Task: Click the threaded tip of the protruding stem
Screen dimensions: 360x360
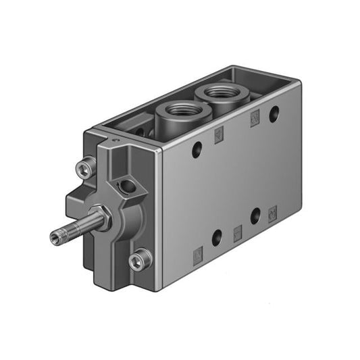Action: [x=57, y=236]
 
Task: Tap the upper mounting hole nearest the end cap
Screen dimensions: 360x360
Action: [x=197, y=150]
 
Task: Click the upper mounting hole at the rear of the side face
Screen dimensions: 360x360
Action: [x=274, y=113]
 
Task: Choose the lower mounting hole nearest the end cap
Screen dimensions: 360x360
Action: [x=216, y=237]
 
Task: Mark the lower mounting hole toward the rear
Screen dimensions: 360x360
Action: [x=256, y=217]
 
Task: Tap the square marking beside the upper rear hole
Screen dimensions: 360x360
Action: [x=255, y=119]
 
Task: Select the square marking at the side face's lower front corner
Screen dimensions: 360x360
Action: [x=197, y=256]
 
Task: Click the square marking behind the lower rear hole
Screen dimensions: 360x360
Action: [x=272, y=211]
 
